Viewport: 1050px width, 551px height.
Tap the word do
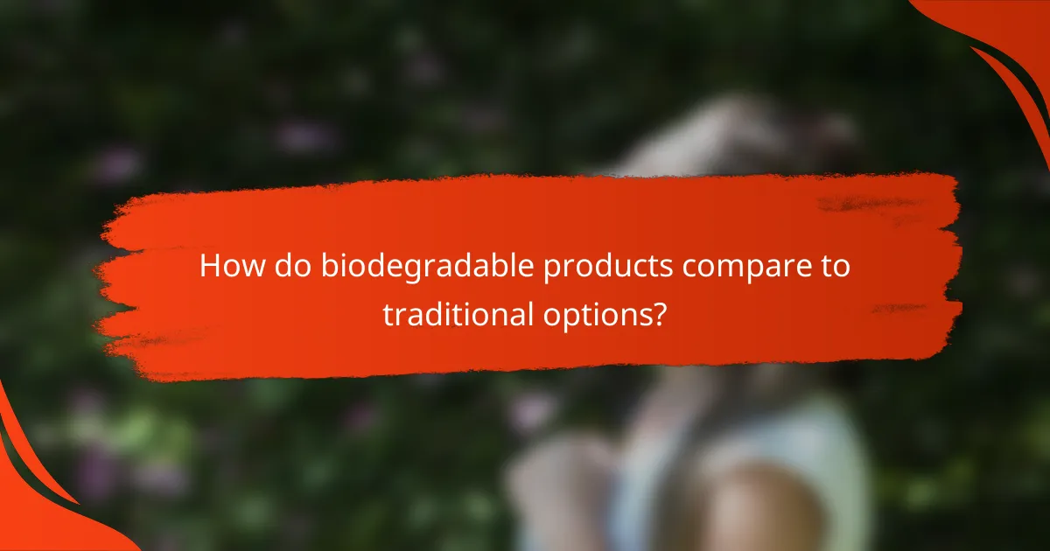coord(282,266)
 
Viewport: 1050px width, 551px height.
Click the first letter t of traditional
coord(388,313)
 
